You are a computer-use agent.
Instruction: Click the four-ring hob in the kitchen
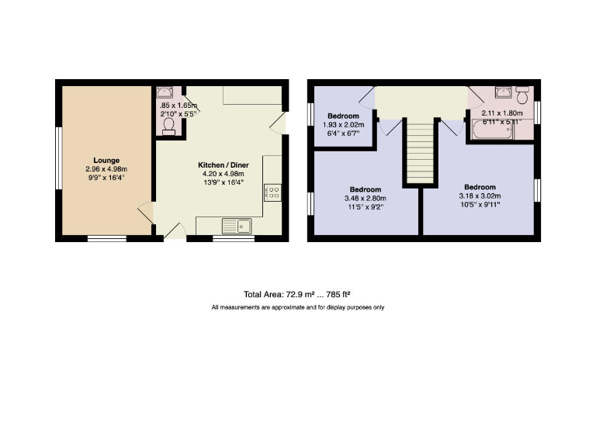[272, 191]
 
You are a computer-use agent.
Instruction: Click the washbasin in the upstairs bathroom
[504, 92]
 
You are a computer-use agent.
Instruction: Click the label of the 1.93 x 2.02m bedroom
[343, 116]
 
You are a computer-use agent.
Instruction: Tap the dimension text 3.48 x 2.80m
[365, 199]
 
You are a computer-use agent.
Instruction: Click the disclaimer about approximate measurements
[297, 307]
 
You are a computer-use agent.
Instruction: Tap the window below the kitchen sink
[234, 240]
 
